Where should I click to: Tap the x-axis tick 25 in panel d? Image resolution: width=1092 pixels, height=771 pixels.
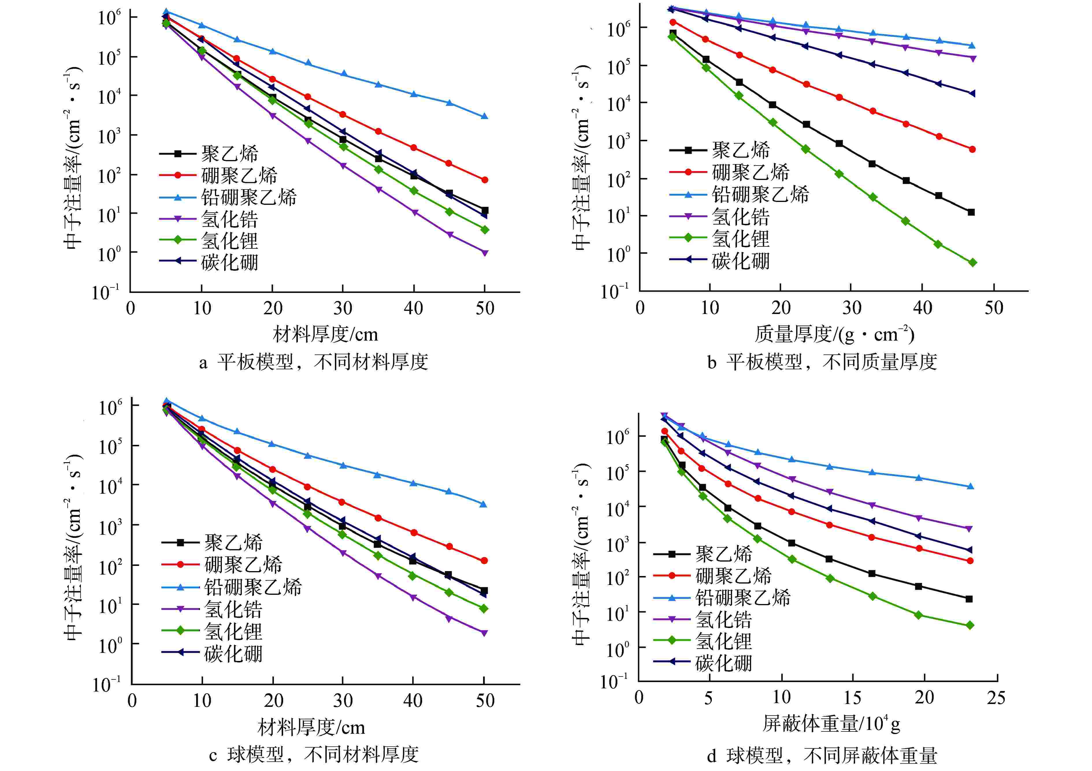coord(996,698)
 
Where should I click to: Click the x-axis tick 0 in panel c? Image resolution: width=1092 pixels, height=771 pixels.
coord(132,701)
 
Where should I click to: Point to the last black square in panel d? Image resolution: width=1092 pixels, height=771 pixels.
coord(969,599)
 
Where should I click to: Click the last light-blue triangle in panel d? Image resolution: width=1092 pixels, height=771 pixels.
coord(970,486)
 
